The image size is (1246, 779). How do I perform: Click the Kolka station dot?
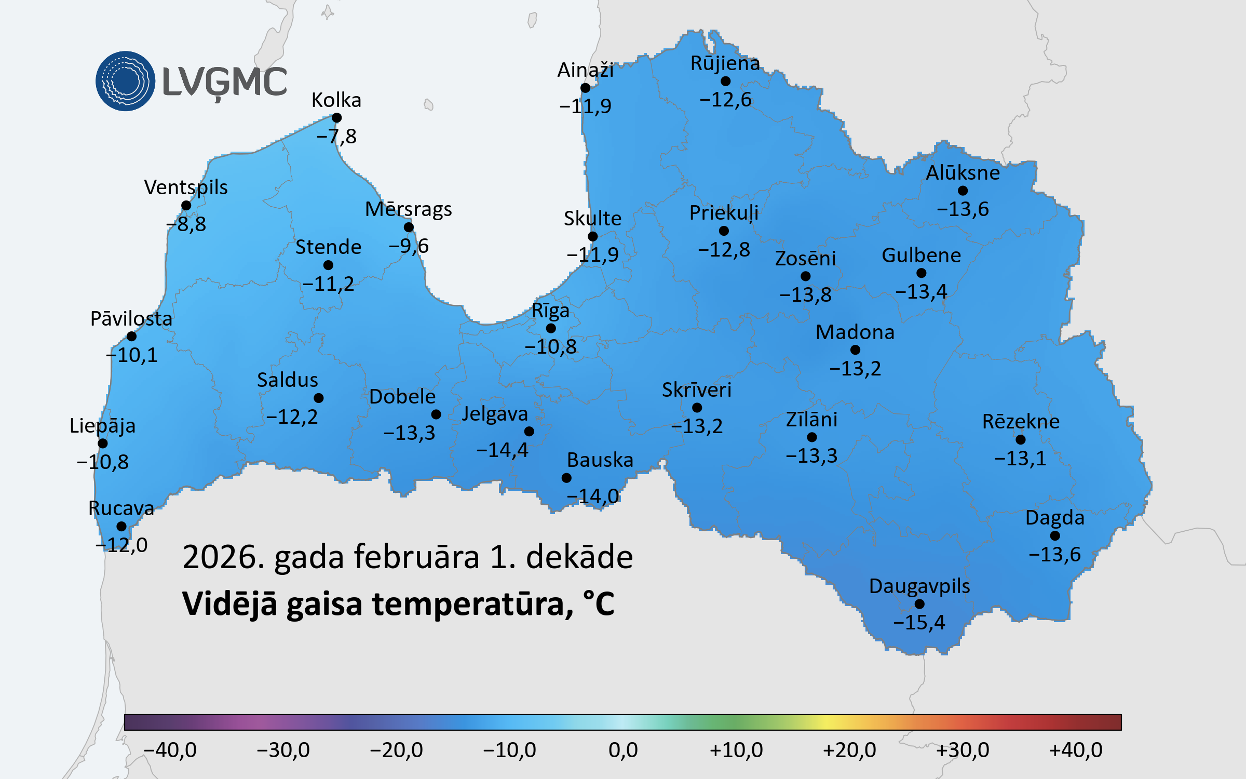tap(336, 118)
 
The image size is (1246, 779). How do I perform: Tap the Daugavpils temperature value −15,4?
tap(919, 622)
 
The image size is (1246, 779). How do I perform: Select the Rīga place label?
tap(550, 311)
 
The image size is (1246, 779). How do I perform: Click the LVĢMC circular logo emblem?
tap(125, 81)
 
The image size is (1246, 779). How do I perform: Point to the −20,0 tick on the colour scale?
tap(396, 750)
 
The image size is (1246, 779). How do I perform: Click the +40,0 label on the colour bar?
tap(1076, 750)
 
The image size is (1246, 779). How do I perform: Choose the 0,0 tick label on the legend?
tap(623, 750)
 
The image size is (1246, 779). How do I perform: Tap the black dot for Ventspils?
tap(186, 206)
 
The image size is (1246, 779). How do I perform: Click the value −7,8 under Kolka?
tap(336, 137)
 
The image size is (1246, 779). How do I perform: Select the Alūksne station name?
tap(963, 172)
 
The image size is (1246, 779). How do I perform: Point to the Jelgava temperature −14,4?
tap(502, 450)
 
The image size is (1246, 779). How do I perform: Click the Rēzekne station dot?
tap(1021, 440)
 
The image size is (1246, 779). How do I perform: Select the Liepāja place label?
tap(102, 426)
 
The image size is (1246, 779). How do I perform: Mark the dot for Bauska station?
tap(566, 478)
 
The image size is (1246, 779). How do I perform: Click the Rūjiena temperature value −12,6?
tap(725, 99)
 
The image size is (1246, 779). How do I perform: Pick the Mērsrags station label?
tap(408, 209)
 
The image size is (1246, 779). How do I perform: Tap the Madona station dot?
tap(855, 350)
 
